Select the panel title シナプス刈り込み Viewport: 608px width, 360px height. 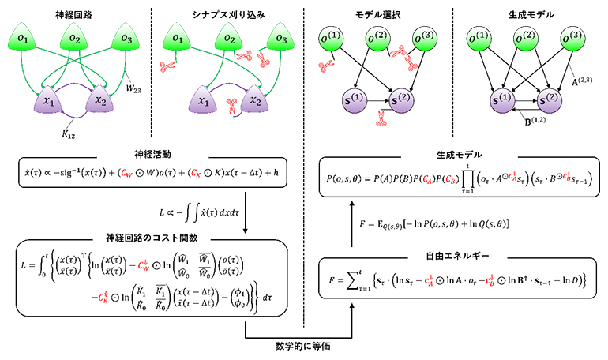[x=225, y=14]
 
